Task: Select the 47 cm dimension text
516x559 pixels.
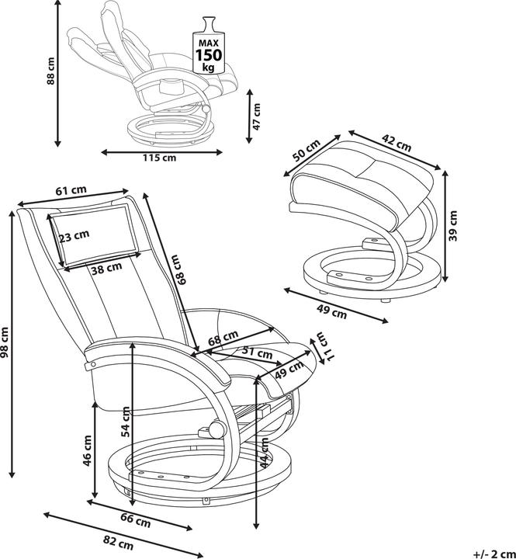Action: (x=258, y=116)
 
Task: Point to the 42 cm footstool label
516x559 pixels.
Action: (x=397, y=144)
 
